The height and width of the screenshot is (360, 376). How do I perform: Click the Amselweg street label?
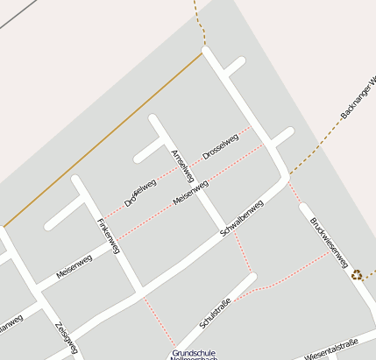click(183, 166)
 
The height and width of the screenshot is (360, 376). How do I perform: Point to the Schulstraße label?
click(216, 314)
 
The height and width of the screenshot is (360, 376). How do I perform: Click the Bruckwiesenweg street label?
click(330, 237)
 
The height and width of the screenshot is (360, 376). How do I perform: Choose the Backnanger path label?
click(358, 100)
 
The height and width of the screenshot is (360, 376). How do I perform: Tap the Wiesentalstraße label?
click(332, 349)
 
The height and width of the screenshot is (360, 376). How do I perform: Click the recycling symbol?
click(358, 274)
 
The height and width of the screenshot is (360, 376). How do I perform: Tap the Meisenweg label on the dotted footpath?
click(190, 192)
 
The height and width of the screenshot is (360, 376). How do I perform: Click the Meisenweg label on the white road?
click(74, 265)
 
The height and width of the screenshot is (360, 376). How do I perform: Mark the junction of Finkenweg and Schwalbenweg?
click(139, 289)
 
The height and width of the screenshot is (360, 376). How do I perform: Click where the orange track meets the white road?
click(204, 52)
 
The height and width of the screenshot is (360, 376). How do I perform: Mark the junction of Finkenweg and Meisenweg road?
click(115, 246)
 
